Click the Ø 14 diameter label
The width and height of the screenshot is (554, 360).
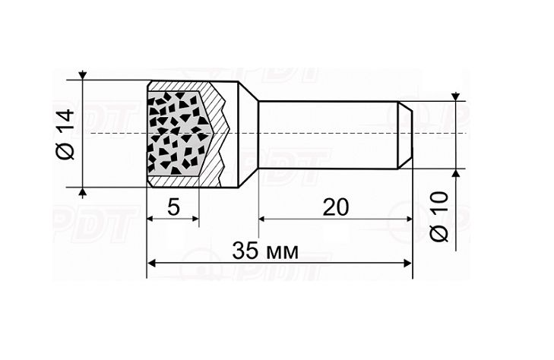pos(65,134)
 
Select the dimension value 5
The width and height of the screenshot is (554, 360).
pos(173,207)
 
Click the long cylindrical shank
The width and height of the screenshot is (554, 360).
pos(327,134)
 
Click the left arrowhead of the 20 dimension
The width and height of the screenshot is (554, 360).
pos(264,219)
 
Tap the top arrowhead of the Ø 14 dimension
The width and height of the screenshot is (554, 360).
pos(82,76)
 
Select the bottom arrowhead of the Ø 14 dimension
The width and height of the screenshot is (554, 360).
pos(82,191)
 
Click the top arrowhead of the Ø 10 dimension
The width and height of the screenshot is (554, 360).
pos(455,97)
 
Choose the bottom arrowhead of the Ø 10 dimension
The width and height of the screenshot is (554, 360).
pos(455,172)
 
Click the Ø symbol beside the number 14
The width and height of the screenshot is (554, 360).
pos(65,151)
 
